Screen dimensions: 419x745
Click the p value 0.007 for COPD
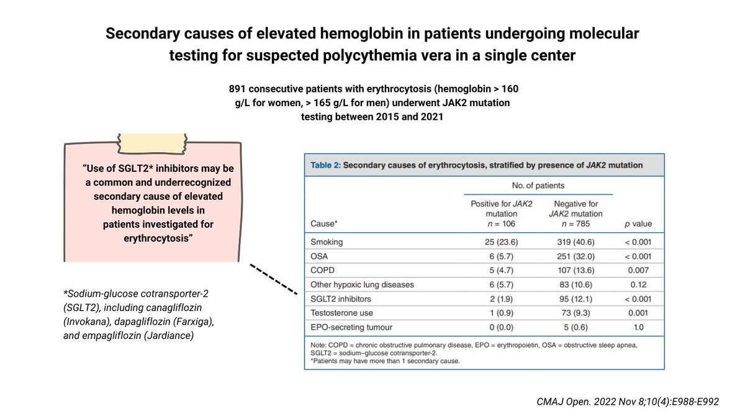point(639,271)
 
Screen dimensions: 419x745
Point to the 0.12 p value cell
point(639,284)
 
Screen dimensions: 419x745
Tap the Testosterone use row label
point(343,313)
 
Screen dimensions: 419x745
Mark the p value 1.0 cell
point(639,327)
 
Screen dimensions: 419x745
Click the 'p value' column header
point(638,223)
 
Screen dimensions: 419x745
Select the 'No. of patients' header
point(538,185)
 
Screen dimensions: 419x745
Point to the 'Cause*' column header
point(324,223)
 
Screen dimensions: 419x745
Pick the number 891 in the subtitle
point(239,88)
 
